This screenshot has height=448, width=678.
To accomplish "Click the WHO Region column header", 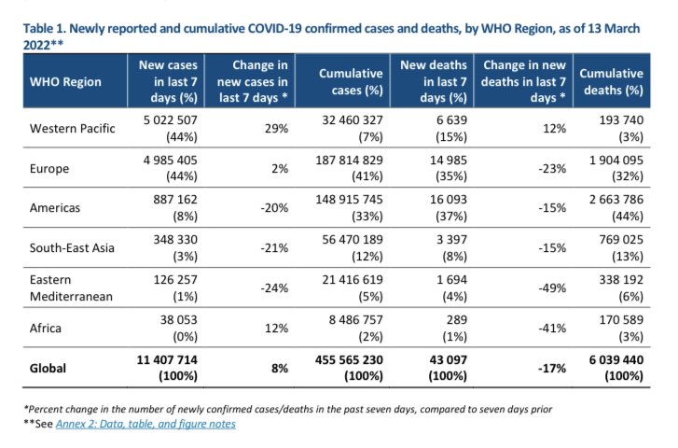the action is tap(65, 82).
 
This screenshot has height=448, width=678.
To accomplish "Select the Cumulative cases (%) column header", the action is tap(351, 82).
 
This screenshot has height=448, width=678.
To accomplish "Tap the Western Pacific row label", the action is tap(72, 129).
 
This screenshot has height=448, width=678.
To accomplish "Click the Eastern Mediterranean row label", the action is tap(71, 287).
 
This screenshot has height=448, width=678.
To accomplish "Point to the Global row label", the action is tap(48, 369).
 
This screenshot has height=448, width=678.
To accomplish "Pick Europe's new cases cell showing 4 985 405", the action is tap(171, 161).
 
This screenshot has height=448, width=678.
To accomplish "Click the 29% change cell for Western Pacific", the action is tap(276, 129).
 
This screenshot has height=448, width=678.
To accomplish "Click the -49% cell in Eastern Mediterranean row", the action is tap(552, 287).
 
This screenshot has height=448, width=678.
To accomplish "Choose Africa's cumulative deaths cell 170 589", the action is tap(621, 320).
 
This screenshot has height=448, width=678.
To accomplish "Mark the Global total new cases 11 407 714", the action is tap(167, 359).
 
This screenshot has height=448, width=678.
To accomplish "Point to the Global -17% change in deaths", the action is tap(552, 369).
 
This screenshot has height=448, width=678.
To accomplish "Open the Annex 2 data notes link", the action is tap(145, 424).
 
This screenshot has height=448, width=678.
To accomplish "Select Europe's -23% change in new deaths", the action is tap(552, 168).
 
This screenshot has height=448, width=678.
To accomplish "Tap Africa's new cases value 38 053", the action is tap(178, 320).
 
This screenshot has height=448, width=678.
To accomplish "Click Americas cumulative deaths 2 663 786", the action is tap(616, 200).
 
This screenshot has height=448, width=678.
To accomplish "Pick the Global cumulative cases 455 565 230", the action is tap(349, 359).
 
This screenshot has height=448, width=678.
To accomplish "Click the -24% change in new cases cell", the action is tap(274, 287).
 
